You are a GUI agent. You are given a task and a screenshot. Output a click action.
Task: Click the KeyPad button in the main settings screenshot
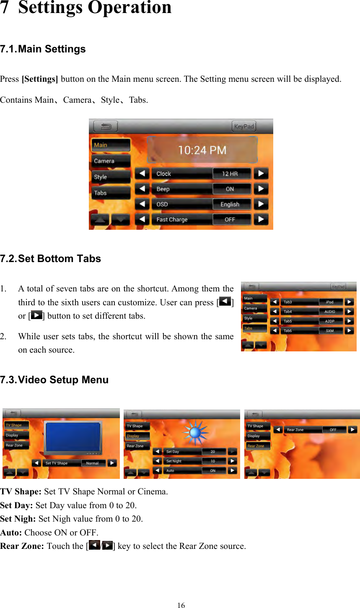pos(244,126)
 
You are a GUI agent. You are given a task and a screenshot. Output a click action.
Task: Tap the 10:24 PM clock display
pos(202,150)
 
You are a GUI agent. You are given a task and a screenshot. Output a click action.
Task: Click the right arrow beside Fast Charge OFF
pos(261,219)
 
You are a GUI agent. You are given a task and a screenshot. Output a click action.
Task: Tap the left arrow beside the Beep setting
pos(142,189)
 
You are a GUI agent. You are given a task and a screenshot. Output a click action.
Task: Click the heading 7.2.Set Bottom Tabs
pos(51,259)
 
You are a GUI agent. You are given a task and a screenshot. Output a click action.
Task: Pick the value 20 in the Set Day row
pos(213,452)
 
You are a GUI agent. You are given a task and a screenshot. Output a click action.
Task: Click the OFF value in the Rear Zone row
pos(334,430)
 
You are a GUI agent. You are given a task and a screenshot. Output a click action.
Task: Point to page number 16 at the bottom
pos(181,605)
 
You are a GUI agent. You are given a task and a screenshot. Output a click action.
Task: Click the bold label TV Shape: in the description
pos(21,491)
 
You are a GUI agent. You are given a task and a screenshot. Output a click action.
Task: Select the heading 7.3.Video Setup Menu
pos(54,380)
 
